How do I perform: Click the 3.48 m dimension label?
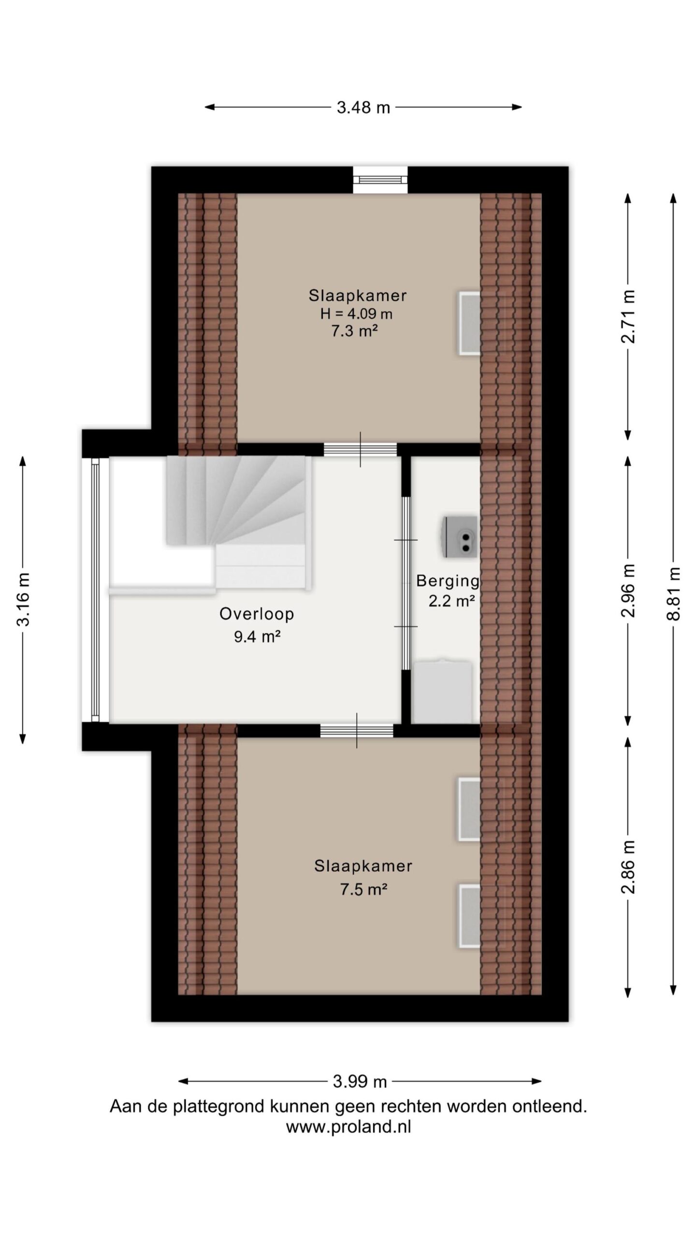point(363,107)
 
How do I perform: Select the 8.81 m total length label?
point(673,592)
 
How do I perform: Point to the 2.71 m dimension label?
point(628,316)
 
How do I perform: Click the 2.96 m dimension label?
point(628,590)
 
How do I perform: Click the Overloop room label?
point(257,614)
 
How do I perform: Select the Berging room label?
point(448,580)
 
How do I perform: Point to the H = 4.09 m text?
point(356,314)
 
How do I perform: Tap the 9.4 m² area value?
point(257,636)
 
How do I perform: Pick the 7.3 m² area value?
point(354,331)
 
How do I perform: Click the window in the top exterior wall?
point(380,179)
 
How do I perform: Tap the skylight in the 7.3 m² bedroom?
point(469,323)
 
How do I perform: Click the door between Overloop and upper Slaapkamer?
point(360,449)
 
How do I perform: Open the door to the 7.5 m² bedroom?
point(357,730)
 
